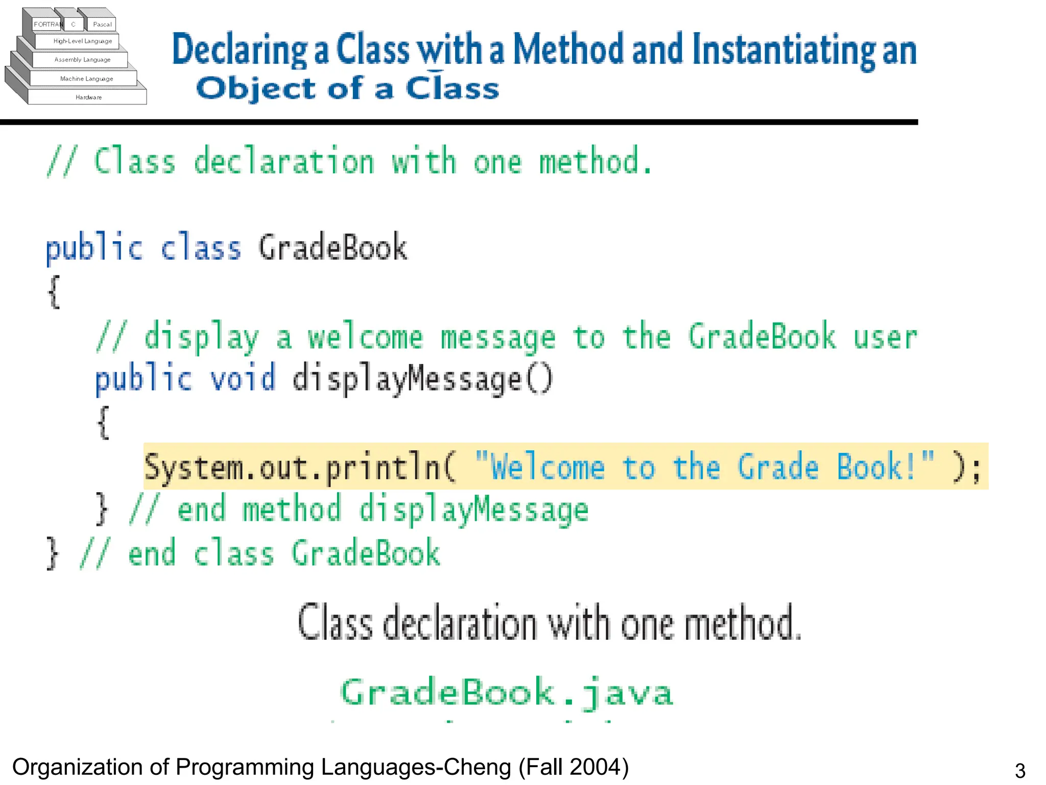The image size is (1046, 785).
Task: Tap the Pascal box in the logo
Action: point(102,24)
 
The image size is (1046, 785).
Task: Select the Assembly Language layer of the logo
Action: point(82,60)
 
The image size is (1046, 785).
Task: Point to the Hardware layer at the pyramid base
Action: point(88,97)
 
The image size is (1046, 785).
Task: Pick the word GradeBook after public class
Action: point(332,247)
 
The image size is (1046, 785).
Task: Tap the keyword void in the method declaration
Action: point(243,379)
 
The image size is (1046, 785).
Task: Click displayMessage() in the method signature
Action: point(422,380)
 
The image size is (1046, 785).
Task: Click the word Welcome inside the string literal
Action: point(547,467)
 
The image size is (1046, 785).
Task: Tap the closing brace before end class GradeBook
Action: point(52,553)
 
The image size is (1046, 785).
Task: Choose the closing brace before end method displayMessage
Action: point(102,509)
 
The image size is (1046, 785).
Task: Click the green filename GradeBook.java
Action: point(507,692)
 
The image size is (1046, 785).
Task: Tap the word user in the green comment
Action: point(885,337)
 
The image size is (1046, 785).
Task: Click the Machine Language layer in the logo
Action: point(86,79)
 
